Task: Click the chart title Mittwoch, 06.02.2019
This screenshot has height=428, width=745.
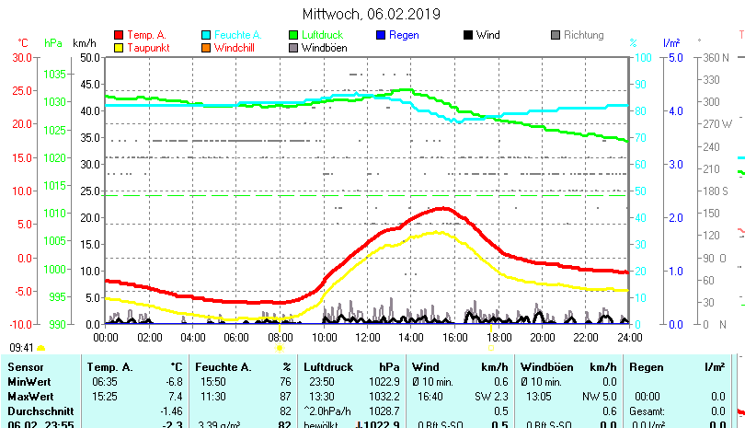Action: (x=372, y=14)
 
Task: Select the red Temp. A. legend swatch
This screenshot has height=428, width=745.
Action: (x=119, y=36)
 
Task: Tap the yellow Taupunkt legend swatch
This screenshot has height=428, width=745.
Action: (x=119, y=48)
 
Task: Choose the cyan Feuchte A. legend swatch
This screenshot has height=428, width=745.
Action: (x=206, y=36)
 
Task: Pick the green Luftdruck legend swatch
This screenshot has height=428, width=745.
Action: (x=293, y=36)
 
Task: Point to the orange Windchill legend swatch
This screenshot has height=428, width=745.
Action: (x=206, y=48)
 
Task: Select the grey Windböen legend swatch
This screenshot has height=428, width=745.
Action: (x=293, y=48)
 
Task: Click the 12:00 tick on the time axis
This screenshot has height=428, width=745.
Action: (x=367, y=337)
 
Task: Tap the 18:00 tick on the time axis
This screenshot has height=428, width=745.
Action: (x=498, y=337)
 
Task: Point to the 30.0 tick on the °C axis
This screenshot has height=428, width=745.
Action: (x=21, y=57)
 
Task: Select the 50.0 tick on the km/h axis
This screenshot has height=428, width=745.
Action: (x=89, y=57)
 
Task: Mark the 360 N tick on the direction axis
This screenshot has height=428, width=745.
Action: (x=716, y=57)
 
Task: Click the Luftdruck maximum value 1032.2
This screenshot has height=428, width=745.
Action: (x=384, y=396)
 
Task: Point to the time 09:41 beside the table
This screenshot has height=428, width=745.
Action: (x=21, y=348)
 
